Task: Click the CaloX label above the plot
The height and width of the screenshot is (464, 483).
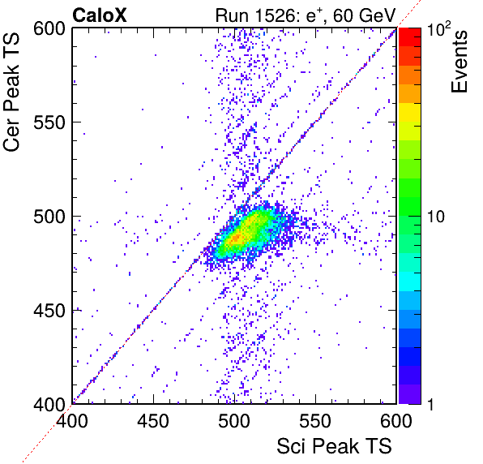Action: pos(99,15)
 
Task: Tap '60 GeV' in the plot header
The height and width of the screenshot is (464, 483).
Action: pos(364,15)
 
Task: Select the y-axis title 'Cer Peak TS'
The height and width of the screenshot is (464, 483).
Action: pos(11,92)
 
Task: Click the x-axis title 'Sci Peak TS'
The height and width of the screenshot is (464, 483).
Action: pos(334,446)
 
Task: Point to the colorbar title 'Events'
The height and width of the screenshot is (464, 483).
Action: pos(459,62)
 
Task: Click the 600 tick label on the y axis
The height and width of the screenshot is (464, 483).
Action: pos(49,29)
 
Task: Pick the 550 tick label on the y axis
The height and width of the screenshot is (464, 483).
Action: pos(49,122)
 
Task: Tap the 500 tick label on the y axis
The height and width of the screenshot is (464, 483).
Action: pos(49,217)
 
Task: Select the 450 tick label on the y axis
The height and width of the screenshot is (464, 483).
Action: pos(49,311)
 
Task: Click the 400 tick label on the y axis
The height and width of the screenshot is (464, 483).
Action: pos(49,404)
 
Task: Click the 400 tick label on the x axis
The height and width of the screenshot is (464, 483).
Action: pos(72,421)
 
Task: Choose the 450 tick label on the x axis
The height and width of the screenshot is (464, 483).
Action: pos(153,421)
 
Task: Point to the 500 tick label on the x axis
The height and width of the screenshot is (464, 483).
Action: pos(234,421)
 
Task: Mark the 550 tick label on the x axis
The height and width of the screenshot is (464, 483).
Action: pos(315,421)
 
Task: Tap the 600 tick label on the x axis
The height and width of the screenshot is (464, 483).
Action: pos(396,421)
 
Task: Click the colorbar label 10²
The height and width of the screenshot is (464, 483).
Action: pos(439,28)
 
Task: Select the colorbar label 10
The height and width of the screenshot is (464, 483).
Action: pos(436,217)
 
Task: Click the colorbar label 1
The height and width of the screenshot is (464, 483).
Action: pos(430,404)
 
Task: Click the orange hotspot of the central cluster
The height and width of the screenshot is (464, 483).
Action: pos(237,238)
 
